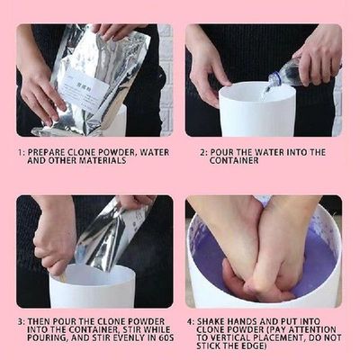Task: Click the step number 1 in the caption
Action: coord(20,152)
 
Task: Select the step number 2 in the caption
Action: coord(203,152)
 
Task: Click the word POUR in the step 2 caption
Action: coord(229,152)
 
